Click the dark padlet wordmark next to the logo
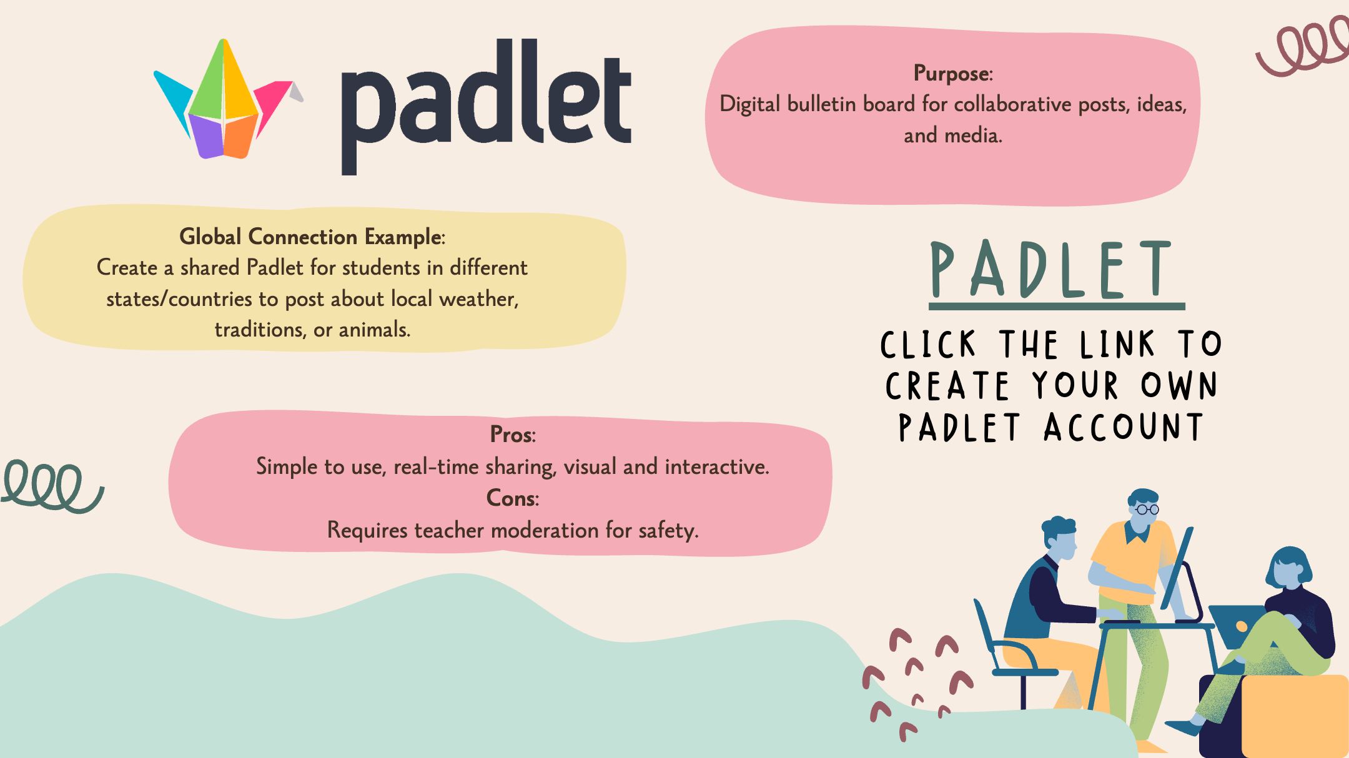tap(486, 106)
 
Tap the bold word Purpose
tap(951, 74)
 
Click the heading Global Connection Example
tap(310, 237)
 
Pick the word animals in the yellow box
tap(373, 330)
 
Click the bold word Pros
tap(511, 435)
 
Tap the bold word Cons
tap(511, 498)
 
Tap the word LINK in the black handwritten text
tap(1118, 345)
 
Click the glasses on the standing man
tap(1146, 509)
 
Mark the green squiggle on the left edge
tap(51, 486)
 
